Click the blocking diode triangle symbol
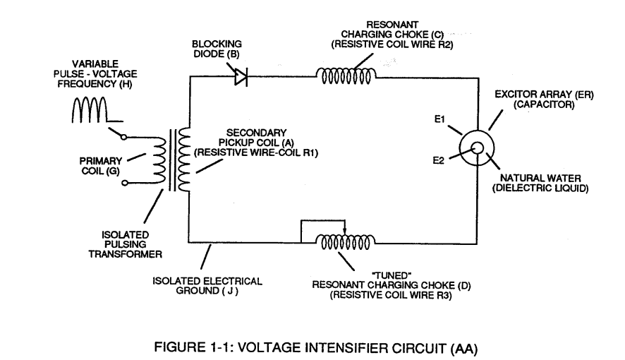click(x=241, y=76)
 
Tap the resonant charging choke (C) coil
click(x=346, y=76)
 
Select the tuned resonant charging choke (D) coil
click(x=346, y=241)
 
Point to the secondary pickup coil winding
click(x=184, y=160)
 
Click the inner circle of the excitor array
click(x=477, y=148)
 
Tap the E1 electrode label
click(x=439, y=119)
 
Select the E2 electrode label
click(x=439, y=160)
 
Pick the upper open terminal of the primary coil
click(x=124, y=137)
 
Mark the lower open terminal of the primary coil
click(x=125, y=183)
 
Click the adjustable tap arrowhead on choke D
click(x=345, y=232)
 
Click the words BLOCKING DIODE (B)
click(x=217, y=49)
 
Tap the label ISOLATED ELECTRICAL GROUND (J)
click(x=207, y=286)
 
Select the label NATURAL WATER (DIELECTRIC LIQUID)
click(x=540, y=183)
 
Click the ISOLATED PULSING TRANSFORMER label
click(x=125, y=244)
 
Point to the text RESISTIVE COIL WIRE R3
click(x=391, y=295)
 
